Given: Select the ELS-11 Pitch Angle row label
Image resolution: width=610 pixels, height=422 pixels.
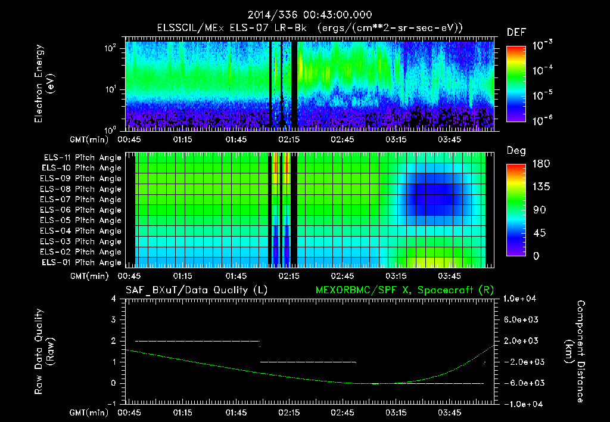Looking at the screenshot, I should point(81,157).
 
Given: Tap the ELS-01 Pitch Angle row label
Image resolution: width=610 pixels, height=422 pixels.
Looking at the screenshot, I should point(81,262).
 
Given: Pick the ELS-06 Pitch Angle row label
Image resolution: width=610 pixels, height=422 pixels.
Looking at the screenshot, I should point(81,210).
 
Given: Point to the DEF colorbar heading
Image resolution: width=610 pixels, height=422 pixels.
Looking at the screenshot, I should point(516,32).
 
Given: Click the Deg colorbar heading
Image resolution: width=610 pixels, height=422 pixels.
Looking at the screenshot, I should point(516,151).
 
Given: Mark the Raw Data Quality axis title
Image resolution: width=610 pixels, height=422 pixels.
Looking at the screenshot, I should point(44,352).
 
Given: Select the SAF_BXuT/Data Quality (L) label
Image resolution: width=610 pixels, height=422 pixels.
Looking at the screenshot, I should point(196,290).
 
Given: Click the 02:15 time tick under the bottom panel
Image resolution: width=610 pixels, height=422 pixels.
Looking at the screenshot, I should point(289,412).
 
